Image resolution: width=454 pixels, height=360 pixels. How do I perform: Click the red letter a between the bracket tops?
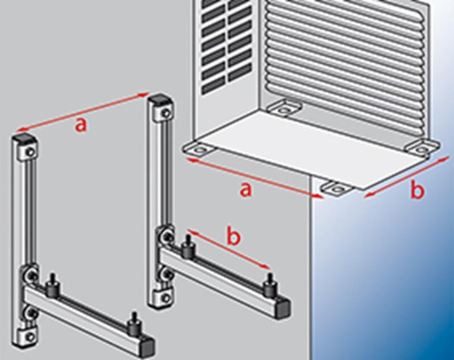pos(81,125)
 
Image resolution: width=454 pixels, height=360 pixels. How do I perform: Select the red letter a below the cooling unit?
pos(245,190)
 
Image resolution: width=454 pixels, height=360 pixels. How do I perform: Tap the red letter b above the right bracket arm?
pos(234,237)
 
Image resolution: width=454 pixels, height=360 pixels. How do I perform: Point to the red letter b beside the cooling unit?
pos(417,190)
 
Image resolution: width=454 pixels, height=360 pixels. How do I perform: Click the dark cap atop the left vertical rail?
pos(24,139)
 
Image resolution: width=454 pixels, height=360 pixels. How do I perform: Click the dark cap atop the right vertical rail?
pos(159,98)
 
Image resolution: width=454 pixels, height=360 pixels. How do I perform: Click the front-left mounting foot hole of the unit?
pos(199,150)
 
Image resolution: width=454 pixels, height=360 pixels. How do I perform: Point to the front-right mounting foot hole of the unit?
pos(336,189)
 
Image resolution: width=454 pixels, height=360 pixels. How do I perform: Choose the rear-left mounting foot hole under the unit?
pos(284,110)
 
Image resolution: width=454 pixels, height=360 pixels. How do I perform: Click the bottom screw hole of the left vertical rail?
pos(30,337)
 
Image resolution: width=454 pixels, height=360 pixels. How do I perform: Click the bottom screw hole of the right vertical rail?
pos(165,297)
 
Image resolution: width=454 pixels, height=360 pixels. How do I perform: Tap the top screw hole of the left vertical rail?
pos(30,152)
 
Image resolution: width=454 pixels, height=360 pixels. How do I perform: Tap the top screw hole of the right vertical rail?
pos(165,112)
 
